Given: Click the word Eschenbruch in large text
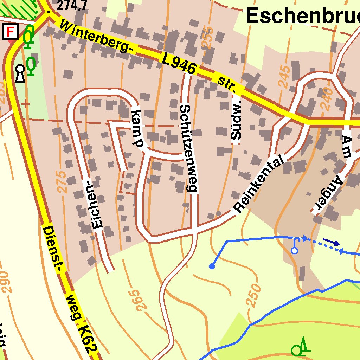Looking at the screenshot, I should click(x=302, y=16).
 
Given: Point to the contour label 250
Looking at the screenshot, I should click(x=254, y=295).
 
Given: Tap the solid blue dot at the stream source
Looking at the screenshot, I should click(x=212, y=266).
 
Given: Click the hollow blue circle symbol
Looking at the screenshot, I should click(x=295, y=250).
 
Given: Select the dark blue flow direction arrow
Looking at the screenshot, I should click(x=332, y=242).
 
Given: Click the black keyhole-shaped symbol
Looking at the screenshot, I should click(x=20, y=73).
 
